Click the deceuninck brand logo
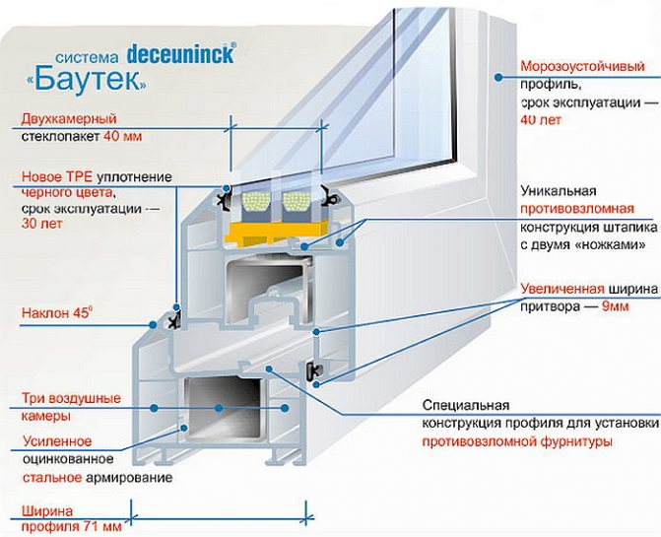point(178,53)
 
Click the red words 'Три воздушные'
point(67,399)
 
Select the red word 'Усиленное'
point(56,440)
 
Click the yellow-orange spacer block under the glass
point(267,233)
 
